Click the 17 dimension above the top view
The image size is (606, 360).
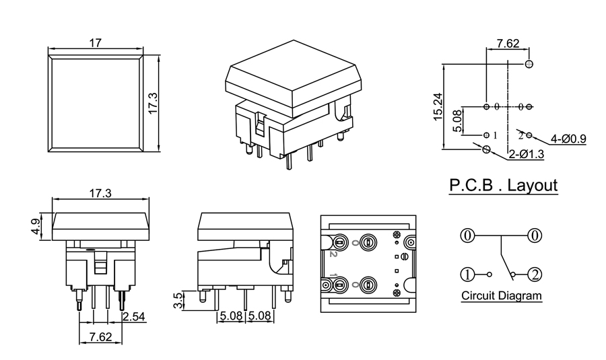tap(95, 42)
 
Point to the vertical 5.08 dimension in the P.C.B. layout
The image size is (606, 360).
tap(457, 121)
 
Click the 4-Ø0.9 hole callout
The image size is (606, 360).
tap(568, 139)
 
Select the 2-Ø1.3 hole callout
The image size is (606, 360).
tap(526, 154)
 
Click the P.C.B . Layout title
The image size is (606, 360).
tap(504, 185)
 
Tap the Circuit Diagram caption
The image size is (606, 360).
tap(502, 295)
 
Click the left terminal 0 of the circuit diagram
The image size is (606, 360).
tap(467, 236)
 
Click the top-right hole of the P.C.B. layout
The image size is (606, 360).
tap(529, 64)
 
